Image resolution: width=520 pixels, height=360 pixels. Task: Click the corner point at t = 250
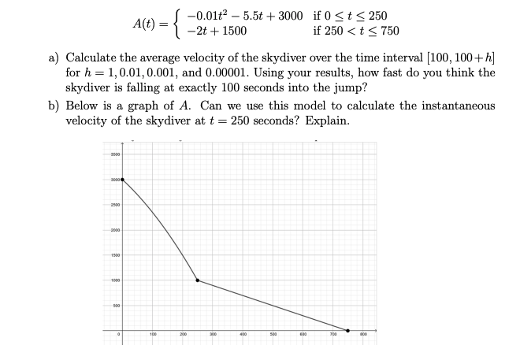click(197, 280)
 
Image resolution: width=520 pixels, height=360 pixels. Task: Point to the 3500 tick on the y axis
click(114, 155)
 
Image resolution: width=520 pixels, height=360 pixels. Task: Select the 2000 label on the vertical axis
click(114, 230)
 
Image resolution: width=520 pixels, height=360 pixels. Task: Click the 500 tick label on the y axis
click(115, 305)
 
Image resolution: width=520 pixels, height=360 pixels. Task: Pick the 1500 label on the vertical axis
click(114, 255)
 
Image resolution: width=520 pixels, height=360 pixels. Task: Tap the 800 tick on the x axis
click(364, 335)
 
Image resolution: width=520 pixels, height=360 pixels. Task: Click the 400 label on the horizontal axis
click(243, 335)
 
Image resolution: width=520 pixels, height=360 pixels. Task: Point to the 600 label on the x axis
click(303, 335)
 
